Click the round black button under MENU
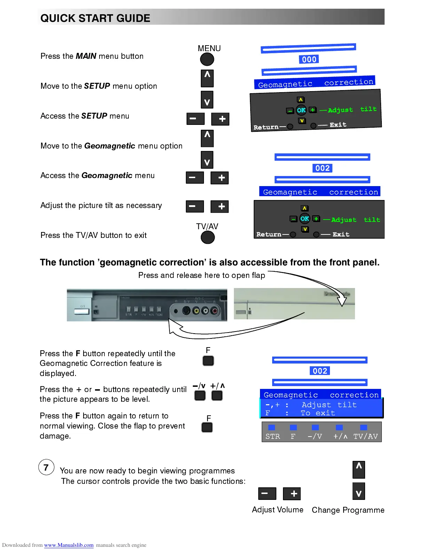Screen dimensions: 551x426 (x=207, y=59)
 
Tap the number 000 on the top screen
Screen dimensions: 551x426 (x=309, y=59)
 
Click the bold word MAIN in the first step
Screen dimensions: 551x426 (x=86, y=56)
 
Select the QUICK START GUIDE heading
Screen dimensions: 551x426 (x=95, y=18)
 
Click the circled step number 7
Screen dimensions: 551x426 (x=46, y=467)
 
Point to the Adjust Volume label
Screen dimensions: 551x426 (x=277, y=510)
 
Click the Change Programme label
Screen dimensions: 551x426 (x=348, y=510)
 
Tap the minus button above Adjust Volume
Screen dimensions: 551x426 (x=267, y=493)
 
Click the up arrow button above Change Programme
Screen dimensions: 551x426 (x=358, y=469)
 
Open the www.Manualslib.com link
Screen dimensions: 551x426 (x=69, y=545)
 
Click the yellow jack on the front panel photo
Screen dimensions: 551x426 (x=196, y=311)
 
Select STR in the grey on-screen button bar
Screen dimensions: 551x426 (x=273, y=436)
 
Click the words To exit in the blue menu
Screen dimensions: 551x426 (x=318, y=413)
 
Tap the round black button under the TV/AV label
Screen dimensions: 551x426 (x=208, y=238)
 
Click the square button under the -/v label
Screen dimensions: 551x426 (x=200, y=396)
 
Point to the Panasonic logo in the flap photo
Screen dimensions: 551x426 (x=337, y=294)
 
